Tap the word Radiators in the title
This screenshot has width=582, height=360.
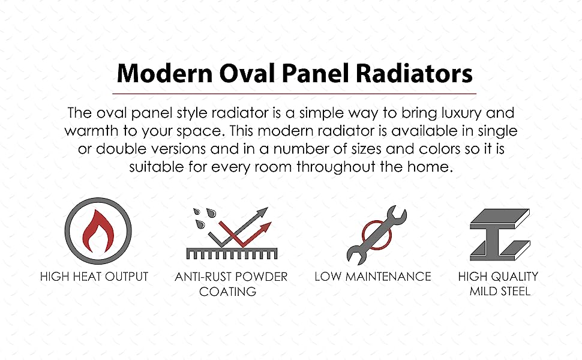click(x=414, y=73)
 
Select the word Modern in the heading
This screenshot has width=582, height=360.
click(x=164, y=73)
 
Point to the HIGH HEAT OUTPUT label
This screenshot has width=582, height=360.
click(x=94, y=277)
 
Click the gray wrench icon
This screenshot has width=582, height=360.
click(x=376, y=235)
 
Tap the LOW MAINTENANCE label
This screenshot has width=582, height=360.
click(x=373, y=277)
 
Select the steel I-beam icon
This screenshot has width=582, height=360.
click(x=500, y=235)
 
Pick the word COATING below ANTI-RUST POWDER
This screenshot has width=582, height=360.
click(x=227, y=292)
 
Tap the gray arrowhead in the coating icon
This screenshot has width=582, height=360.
click(x=262, y=212)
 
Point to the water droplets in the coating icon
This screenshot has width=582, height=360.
click(x=204, y=217)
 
